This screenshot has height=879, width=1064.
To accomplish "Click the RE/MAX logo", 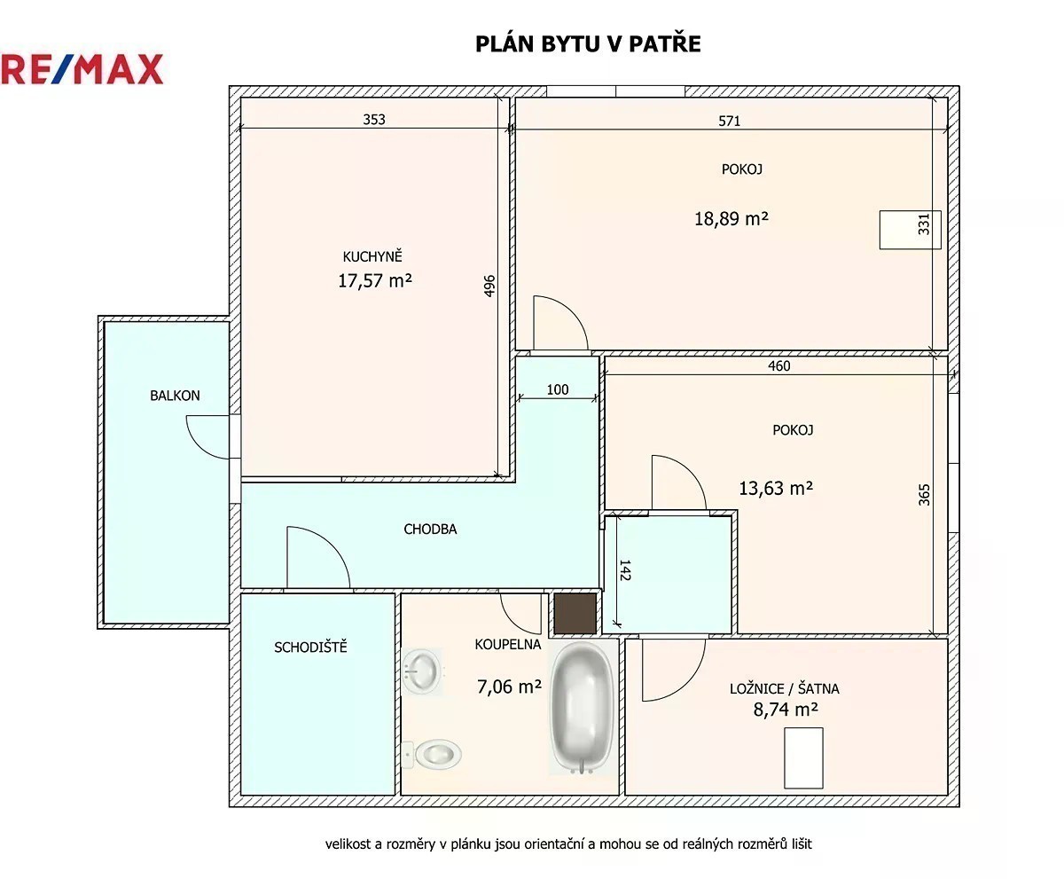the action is [82, 69].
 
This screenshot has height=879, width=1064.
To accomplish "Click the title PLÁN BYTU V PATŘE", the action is [588, 43].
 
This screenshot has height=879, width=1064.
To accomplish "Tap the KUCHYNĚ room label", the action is [372, 256].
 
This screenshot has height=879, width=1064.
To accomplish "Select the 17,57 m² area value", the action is [375, 280].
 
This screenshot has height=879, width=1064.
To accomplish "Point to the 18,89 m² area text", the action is [731, 219].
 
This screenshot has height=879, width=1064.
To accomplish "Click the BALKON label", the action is [175, 395].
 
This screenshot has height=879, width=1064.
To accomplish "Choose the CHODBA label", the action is [430, 530].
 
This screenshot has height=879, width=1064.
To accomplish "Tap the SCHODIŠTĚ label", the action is [310, 647].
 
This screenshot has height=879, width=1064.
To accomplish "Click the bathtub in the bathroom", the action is [582, 707].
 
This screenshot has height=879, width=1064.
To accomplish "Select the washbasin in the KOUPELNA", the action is [421, 671].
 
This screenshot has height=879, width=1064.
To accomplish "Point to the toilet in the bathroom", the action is [432, 754].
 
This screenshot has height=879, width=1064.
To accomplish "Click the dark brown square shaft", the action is [575, 614].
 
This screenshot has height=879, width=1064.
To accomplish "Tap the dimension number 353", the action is [374, 120].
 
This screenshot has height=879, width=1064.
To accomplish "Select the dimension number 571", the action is [729, 121].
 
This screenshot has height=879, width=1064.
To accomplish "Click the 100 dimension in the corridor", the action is [558, 389].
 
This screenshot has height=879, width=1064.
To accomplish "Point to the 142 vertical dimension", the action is [625, 570].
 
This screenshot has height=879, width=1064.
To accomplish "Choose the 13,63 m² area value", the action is [776, 489].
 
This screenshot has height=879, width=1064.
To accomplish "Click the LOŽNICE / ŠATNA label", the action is [784, 688].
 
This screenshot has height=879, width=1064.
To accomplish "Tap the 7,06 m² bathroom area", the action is [509, 687].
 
